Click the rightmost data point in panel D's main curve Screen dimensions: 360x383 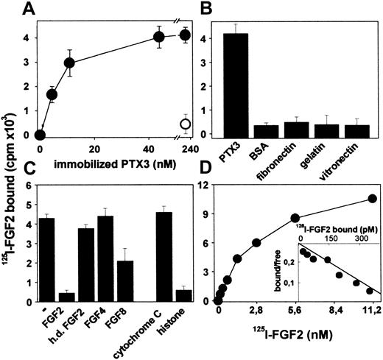point(372,198)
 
